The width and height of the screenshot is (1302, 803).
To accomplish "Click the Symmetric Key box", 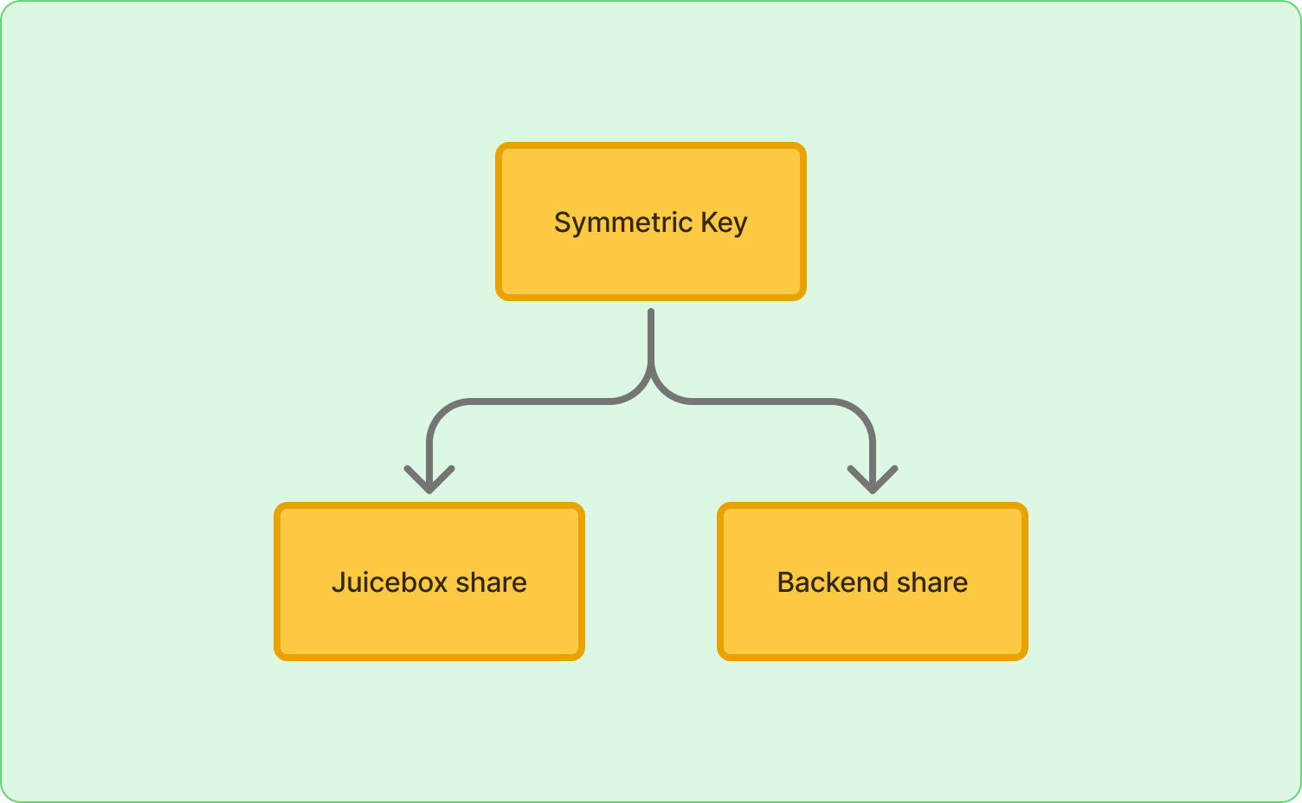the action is coord(650,222).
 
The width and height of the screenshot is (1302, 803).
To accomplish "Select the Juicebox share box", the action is coord(429,581).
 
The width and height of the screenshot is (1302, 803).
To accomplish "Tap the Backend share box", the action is coord(872,581).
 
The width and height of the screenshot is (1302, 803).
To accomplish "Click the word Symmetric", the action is coord(623,223).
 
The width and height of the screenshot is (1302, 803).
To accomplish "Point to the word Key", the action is coord(724,223).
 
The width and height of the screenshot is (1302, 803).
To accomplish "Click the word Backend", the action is coord(824,581).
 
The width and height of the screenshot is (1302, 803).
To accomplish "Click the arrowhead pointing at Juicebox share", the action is coord(429,480).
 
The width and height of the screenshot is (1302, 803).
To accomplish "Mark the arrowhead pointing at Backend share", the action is coord(873,480).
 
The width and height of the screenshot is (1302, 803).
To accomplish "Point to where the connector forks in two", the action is coord(650,372).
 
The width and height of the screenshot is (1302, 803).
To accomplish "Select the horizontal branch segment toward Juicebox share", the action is coord(538,401).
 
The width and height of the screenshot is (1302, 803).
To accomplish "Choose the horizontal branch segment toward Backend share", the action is coord(762,401).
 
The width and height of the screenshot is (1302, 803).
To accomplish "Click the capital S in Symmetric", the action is coord(564,222).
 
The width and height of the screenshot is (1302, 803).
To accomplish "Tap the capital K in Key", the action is coord(710,222).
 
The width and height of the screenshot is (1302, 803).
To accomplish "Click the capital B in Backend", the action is coord(786,582).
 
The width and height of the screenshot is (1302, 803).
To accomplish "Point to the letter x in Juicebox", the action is coord(440,585).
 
